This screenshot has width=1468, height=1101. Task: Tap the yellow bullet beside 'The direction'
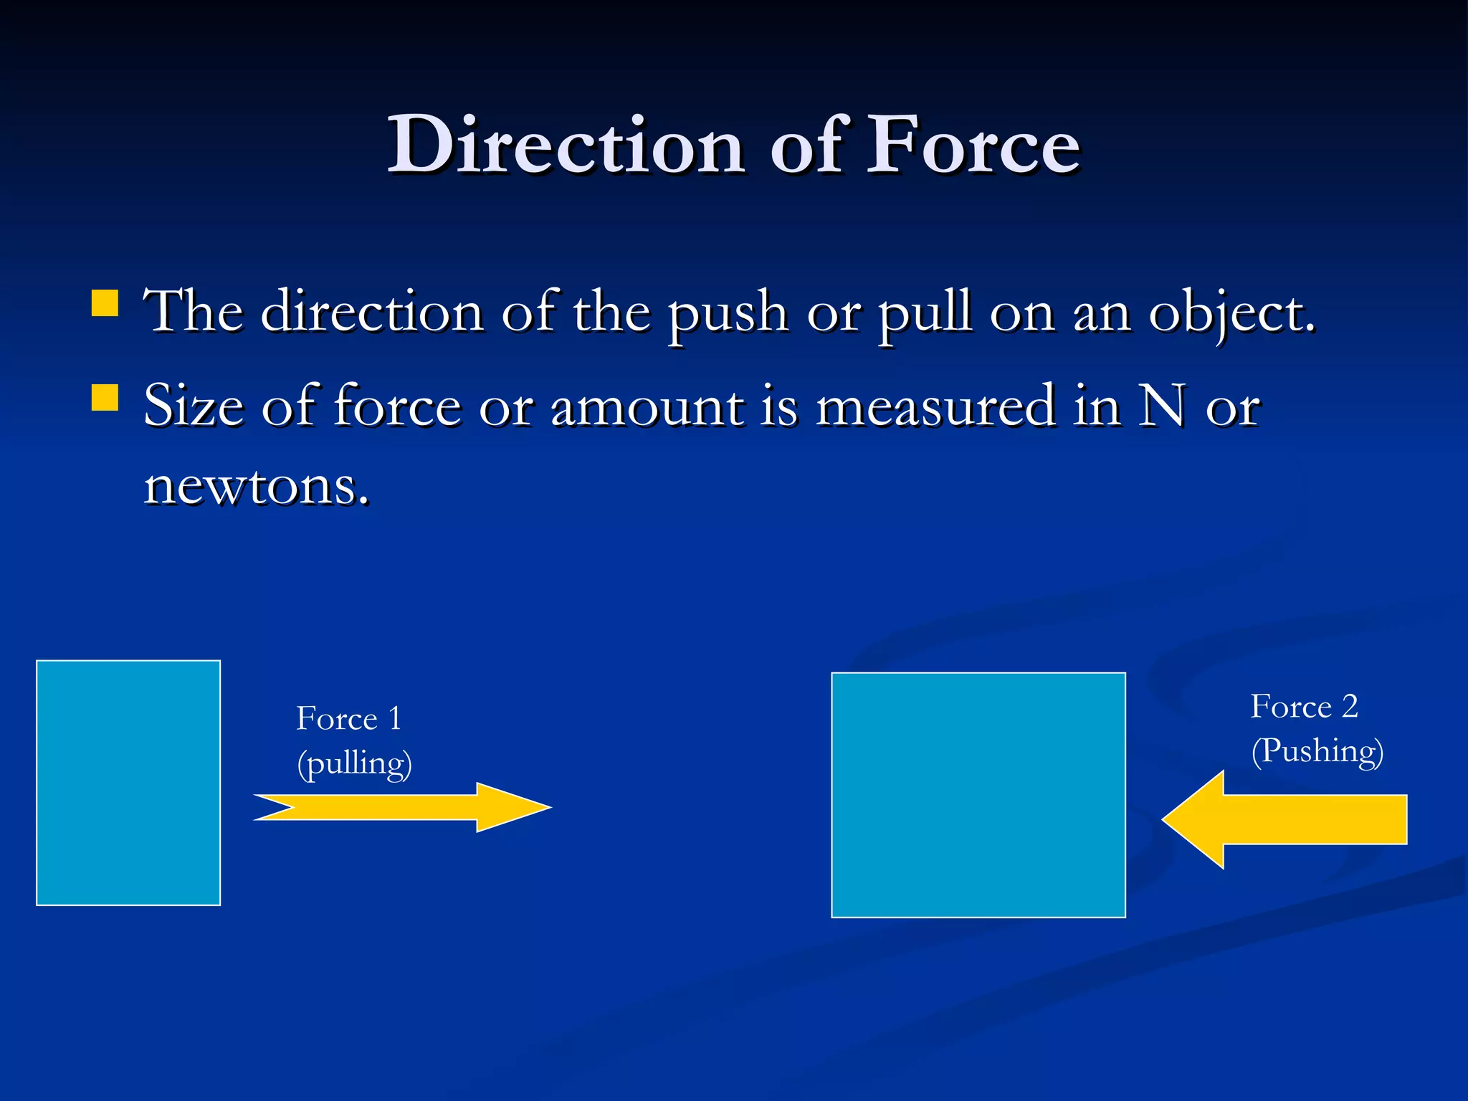point(105,303)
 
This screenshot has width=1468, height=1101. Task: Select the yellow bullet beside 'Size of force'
point(105,398)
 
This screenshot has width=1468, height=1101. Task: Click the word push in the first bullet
point(728,314)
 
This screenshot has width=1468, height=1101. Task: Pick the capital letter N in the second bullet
point(1162,406)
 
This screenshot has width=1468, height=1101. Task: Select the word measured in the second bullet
point(935,406)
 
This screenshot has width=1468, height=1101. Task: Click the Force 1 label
point(348,718)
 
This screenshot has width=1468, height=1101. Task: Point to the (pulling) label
point(354,763)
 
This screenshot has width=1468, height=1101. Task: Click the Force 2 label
point(1304,707)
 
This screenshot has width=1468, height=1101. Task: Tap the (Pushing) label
point(1317,751)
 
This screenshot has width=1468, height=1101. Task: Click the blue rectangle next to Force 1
point(128,783)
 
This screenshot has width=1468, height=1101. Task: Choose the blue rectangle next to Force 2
point(978,795)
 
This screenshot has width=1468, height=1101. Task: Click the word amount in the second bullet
point(648,406)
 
